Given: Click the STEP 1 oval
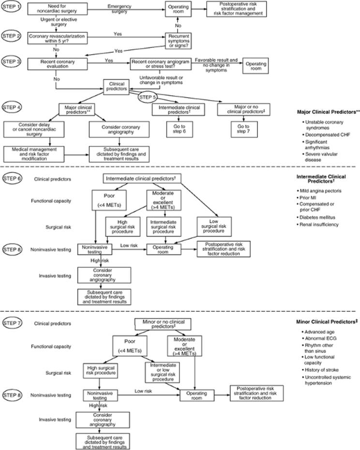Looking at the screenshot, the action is click(12, 6).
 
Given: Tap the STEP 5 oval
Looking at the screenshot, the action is click(148, 97).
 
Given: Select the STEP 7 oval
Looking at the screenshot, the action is click(12, 323).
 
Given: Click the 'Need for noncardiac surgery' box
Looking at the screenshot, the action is click(58, 9).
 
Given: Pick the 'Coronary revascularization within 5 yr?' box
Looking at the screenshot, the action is click(58, 39).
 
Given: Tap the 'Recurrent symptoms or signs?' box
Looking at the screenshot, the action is click(179, 41).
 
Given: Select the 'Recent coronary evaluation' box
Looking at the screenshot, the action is click(58, 64).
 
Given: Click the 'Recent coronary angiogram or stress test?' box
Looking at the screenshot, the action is click(161, 64).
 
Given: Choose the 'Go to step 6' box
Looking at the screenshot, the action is click(179, 129).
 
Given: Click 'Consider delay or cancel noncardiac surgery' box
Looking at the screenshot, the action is click(34, 129).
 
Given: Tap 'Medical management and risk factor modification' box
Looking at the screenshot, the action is click(34, 154).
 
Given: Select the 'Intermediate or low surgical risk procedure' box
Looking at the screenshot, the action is click(163, 372).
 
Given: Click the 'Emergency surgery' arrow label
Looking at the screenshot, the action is click(119, 9).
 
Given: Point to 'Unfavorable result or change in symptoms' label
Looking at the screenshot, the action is click(161, 80).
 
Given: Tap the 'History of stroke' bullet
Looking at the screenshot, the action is click(320, 370).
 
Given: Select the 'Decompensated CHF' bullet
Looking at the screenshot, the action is click(327, 135).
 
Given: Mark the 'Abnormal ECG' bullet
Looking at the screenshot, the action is click(319, 338).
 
